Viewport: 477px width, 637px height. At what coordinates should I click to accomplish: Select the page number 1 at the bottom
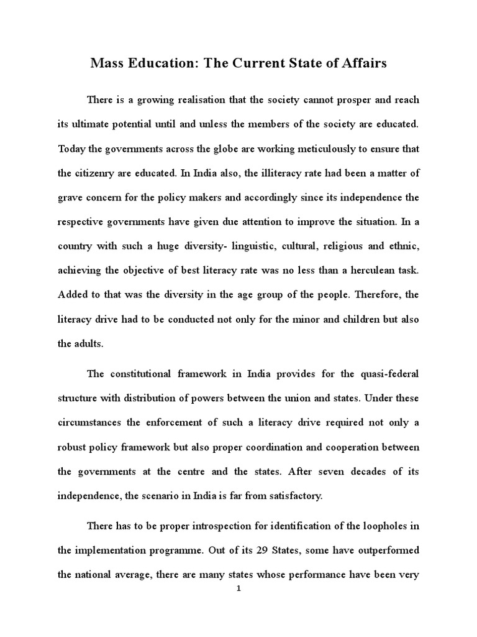[x=238, y=590]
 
